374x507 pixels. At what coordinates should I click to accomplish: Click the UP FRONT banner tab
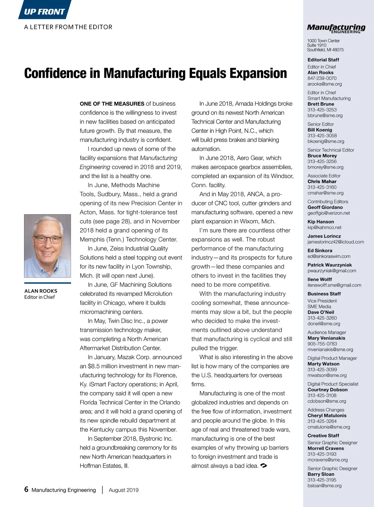45,12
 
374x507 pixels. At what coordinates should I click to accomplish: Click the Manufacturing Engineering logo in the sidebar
336,28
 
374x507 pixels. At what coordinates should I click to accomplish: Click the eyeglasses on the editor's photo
47,240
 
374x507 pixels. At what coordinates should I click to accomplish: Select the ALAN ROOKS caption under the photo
41,291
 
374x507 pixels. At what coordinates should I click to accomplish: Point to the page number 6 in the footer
26,489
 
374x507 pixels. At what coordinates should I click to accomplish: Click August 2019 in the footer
123,490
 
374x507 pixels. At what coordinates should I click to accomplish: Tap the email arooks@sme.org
324,84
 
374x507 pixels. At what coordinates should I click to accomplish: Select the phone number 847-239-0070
322,78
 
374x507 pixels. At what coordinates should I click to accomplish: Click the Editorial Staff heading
323,60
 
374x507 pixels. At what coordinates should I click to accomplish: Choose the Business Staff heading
324,294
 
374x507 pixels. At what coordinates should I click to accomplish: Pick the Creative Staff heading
323,436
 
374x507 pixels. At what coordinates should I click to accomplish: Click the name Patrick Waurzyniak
329,265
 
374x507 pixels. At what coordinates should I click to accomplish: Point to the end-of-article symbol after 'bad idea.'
264,466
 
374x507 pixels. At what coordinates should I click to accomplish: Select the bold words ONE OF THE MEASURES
112,104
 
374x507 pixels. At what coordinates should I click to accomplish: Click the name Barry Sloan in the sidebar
321,474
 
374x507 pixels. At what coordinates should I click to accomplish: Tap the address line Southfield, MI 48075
325,50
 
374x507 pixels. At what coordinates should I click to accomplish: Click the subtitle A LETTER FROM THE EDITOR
68,27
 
